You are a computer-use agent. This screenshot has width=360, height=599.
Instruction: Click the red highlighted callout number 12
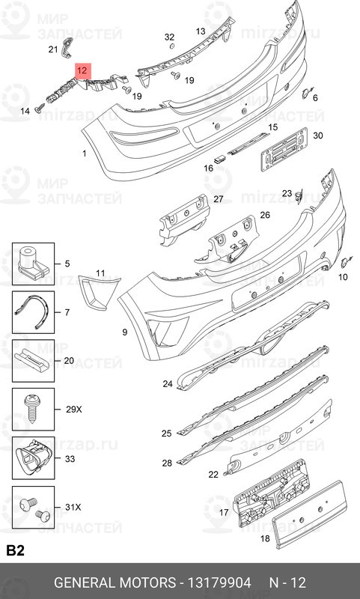click(x=82, y=70)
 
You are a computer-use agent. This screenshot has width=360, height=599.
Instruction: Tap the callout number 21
click(x=53, y=49)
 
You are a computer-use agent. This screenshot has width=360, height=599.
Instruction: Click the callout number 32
click(x=169, y=37)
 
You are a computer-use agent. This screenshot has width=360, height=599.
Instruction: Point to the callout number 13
click(x=201, y=31)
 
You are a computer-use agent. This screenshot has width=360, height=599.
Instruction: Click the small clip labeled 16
click(x=220, y=159)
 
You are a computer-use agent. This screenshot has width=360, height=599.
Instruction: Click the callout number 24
click(x=168, y=384)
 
